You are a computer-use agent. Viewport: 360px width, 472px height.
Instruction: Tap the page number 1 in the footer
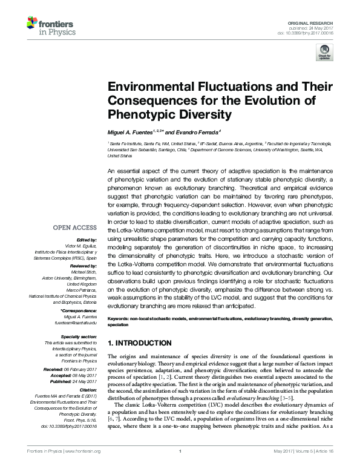[180, 466]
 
